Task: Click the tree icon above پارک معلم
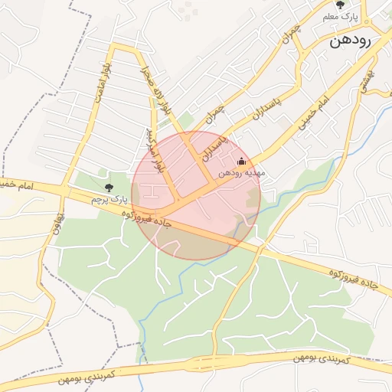(x=340, y=5)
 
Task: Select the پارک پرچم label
(x=107, y=199)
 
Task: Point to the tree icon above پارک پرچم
(x=108, y=188)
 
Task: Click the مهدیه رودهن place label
(x=242, y=173)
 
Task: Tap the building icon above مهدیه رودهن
(x=242, y=161)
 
